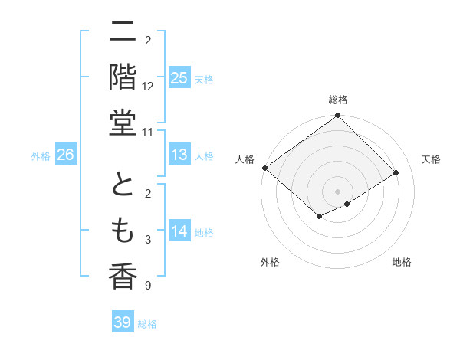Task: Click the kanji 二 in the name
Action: pyautogui.click(x=123, y=32)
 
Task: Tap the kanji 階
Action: pyautogui.click(x=123, y=77)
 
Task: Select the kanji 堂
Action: pyautogui.click(x=123, y=123)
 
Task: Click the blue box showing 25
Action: pyautogui.click(x=179, y=77)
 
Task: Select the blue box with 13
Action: pyautogui.click(x=179, y=155)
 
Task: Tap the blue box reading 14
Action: pyautogui.click(x=179, y=232)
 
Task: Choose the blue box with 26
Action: pyautogui.click(x=65, y=155)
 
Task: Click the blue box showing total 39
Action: pyautogui.click(x=122, y=322)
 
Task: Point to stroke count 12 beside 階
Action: pyautogui.click(x=148, y=86)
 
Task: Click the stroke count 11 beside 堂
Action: pyautogui.click(x=148, y=133)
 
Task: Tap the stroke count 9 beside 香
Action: pyautogui.click(x=148, y=286)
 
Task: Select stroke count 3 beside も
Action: pyautogui.click(x=148, y=240)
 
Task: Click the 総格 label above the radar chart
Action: pyautogui.click(x=338, y=100)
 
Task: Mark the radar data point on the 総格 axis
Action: pyautogui.click(x=338, y=116)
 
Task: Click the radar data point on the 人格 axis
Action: pyautogui.click(x=264, y=168)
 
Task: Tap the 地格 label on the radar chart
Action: pyautogui.click(x=402, y=262)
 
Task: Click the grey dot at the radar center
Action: pyautogui.click(x=338, y=191)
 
